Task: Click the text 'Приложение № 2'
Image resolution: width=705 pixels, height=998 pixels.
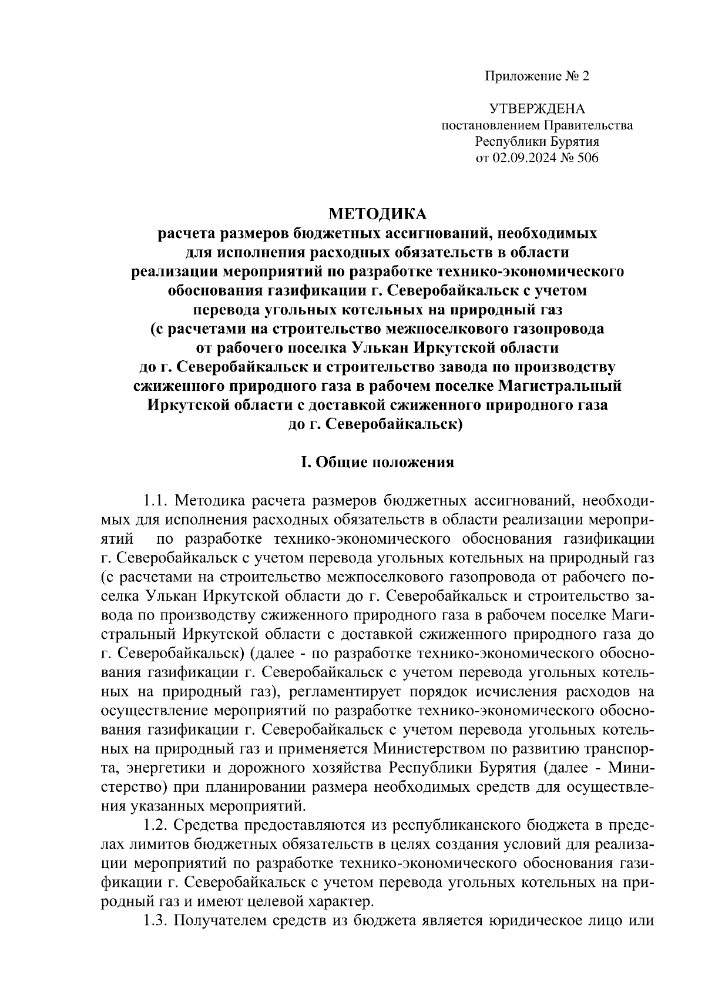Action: pyautogui.click(x=536, y=76)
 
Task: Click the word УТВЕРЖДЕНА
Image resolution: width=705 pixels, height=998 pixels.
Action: pyautogui.click(x=537, y=109)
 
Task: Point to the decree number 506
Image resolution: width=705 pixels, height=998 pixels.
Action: pyautogui.click(x=587, y=158)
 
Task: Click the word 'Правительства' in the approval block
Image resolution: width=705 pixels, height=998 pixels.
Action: pyautogui.click(x=587, y=125)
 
